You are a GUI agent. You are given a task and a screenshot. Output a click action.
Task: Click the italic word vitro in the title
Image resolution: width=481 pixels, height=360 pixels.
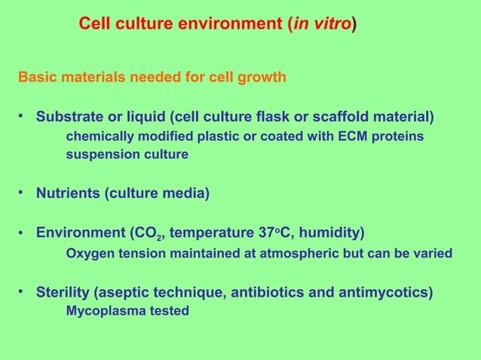(x=332, y=25)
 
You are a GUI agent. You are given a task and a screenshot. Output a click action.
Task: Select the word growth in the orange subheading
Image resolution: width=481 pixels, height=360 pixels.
(x=264, y=77)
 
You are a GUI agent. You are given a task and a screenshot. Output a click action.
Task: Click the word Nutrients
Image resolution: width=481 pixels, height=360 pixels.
(x=69, y=194)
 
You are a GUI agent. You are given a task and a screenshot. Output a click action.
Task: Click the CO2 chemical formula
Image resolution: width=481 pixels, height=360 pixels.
(x=147, y=233)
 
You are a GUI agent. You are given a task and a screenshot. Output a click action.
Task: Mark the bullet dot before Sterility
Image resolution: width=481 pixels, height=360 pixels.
(x=23, y=291)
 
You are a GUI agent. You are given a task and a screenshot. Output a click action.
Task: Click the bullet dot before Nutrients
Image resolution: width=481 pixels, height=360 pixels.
(x=23, y=193)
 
